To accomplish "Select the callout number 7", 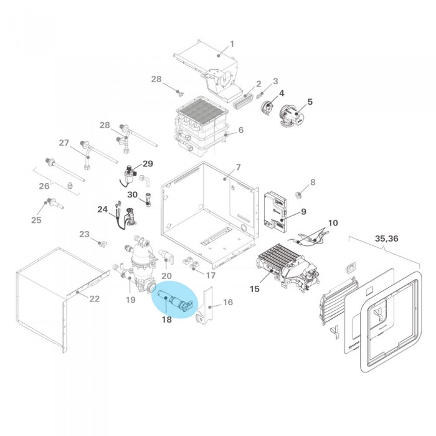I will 237,169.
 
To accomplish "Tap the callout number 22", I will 94,299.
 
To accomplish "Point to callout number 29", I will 148,164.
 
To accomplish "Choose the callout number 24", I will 103,210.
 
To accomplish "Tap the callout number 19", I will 130,300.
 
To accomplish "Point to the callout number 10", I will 333,222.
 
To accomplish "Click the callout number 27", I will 64,143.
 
